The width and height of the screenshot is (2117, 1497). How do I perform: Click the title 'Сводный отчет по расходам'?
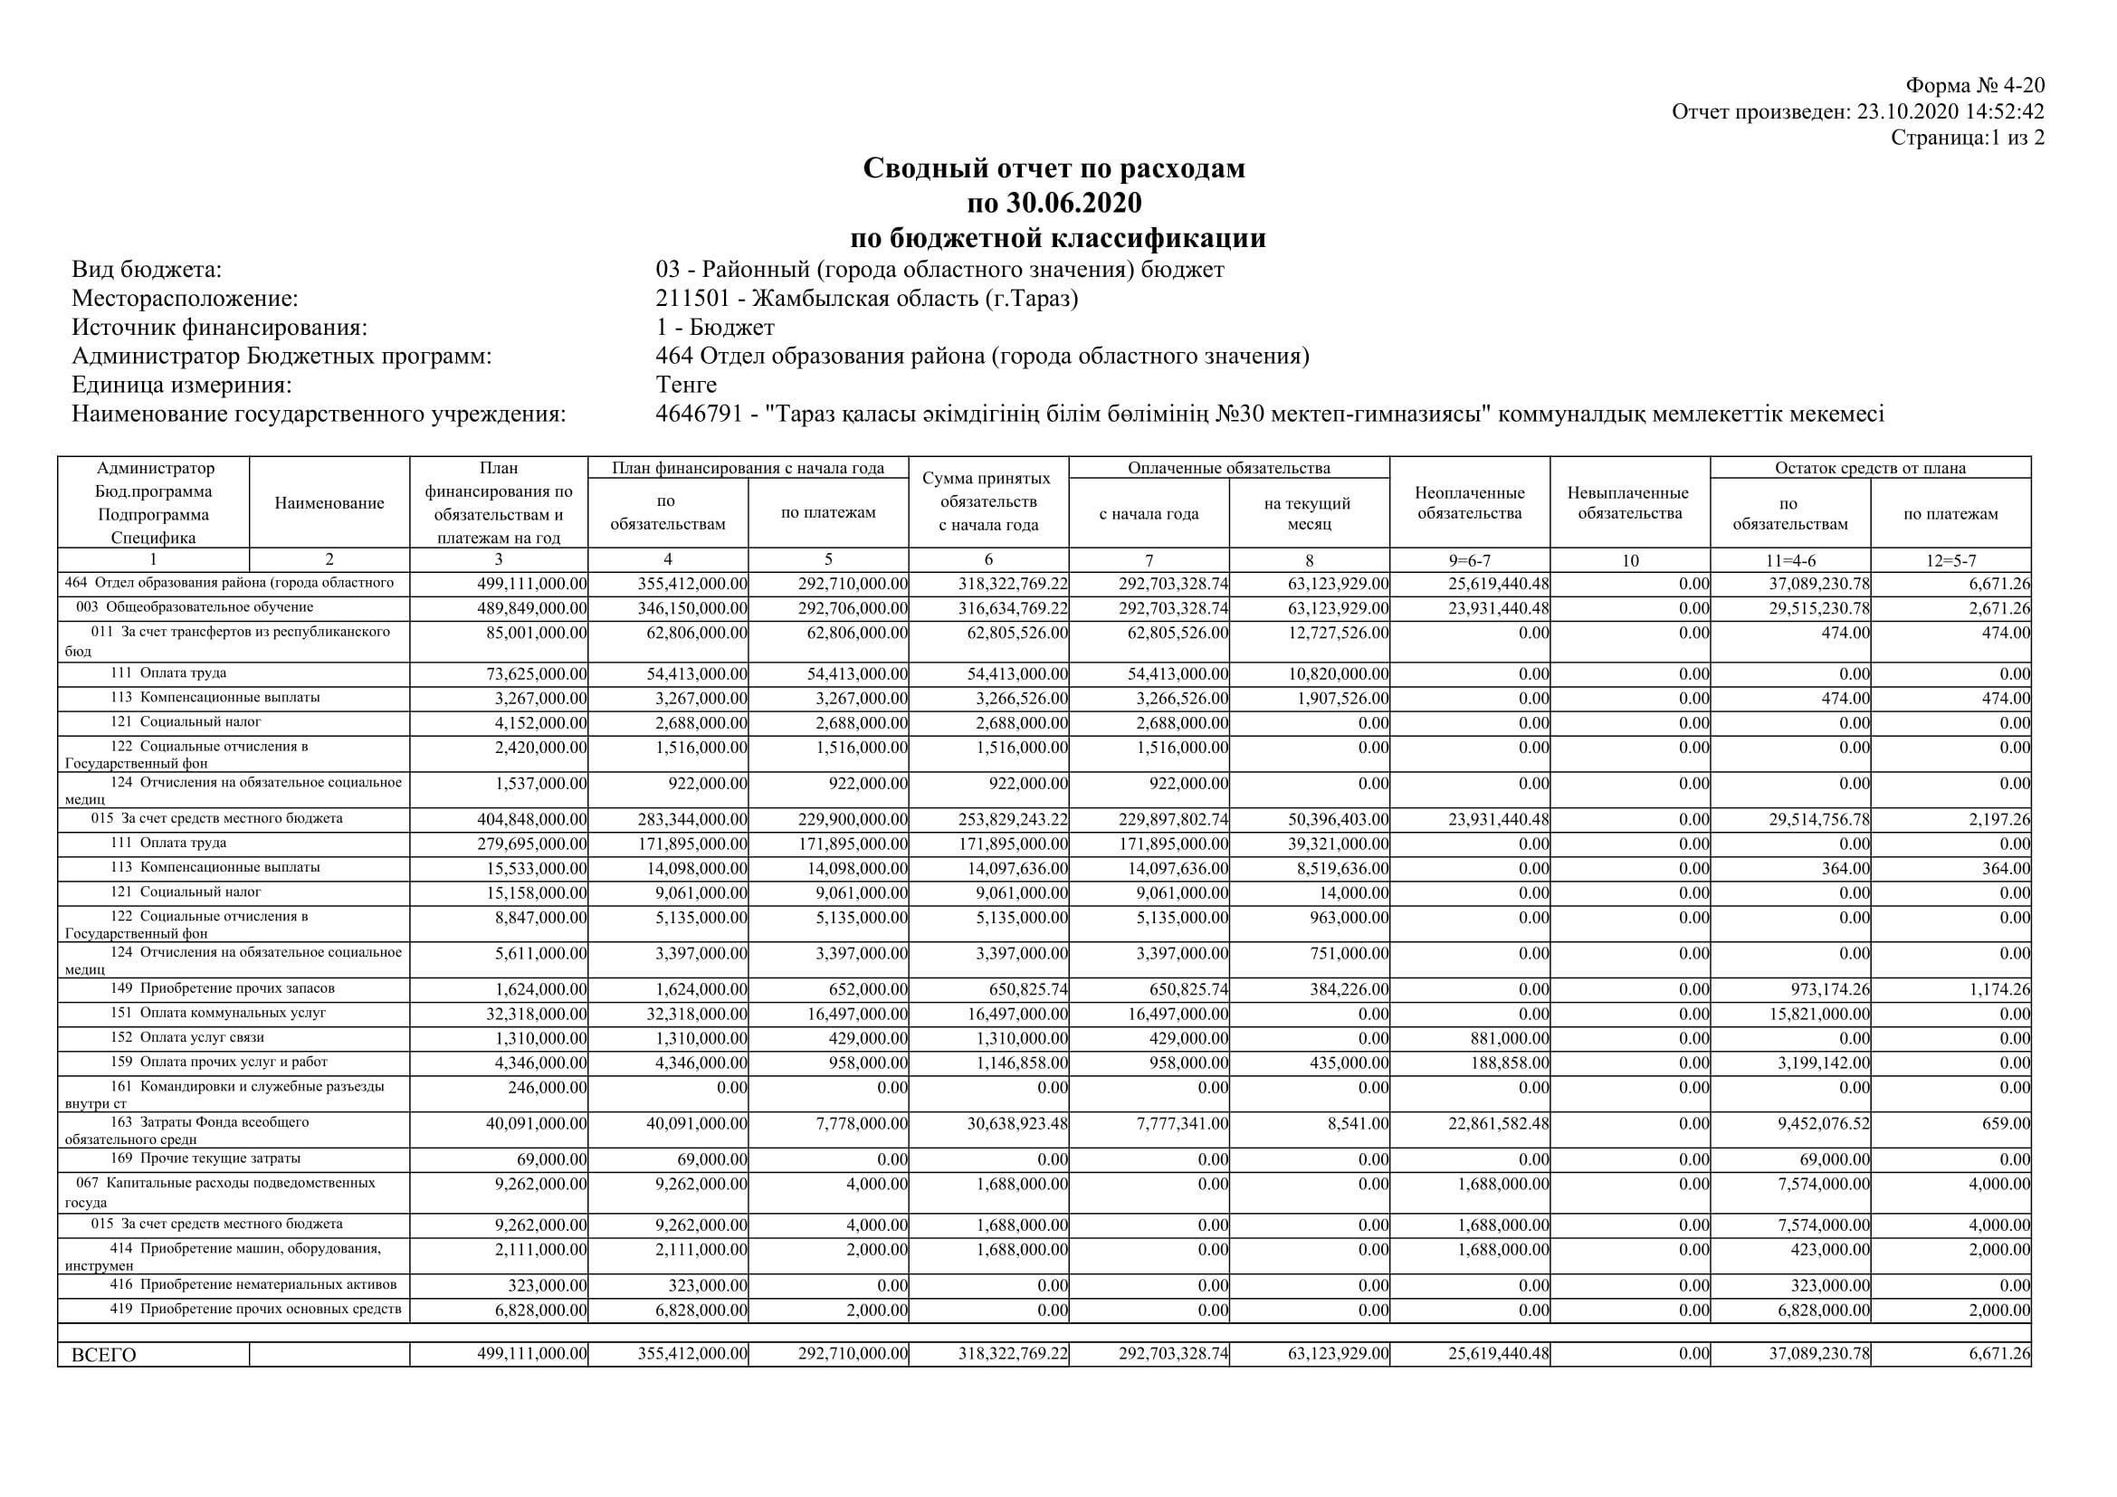(x=1054, y=167)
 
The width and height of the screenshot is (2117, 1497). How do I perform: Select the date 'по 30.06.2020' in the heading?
(x=1054, y=202)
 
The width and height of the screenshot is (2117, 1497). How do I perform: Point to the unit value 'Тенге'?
(x=686, y=385)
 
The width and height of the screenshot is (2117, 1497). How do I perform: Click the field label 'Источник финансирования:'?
(x=219, y=328)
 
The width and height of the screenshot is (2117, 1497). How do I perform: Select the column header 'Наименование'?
(x=329, y=503)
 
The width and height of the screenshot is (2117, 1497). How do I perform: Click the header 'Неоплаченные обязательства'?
(x=1470, y=503)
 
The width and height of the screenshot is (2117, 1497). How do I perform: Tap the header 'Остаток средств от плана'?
(x=1870, y=468)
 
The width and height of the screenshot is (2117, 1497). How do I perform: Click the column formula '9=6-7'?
(x=1470, y=559)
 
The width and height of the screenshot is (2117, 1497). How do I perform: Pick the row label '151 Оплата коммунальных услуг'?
(x=218, y=1013)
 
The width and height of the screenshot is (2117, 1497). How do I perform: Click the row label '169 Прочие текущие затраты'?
(x=205, y=1159)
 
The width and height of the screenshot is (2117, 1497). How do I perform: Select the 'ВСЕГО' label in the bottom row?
(x=103, y=1355)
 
